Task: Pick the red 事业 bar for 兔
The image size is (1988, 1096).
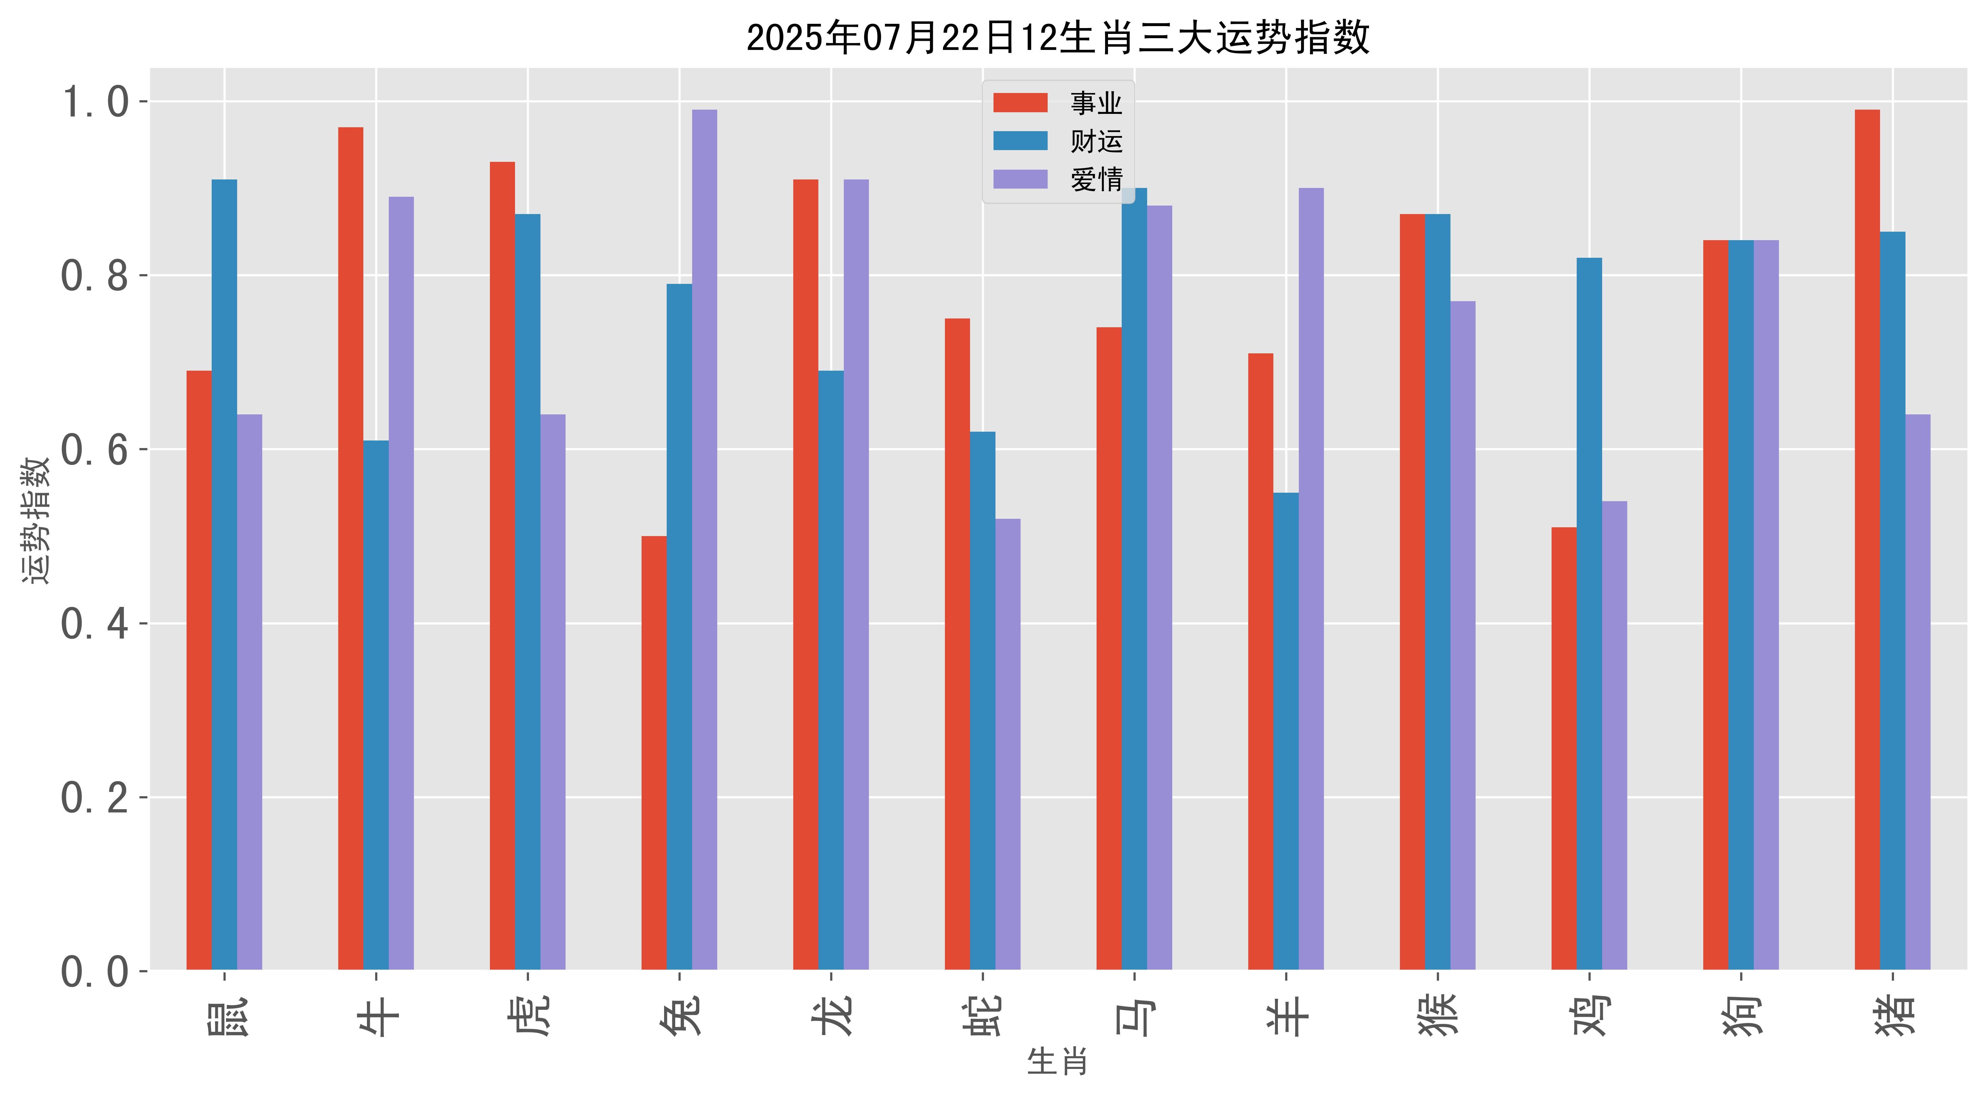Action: [x=654, y=752]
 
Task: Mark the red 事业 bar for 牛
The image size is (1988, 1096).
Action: [x=350, y=548]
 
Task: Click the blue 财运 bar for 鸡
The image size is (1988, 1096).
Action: [x=1589, y=614]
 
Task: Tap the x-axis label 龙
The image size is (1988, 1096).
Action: [x=831, y=1015]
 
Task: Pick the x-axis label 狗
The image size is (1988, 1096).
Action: [x=1741, y=1015]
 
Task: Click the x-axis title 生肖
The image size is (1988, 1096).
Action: [x=1057, y=1062]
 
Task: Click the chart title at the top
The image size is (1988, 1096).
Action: [x=1057, y=37]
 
